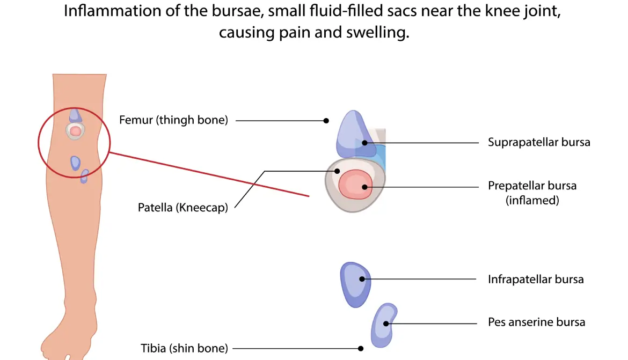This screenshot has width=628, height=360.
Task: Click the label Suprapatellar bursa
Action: tap(539, 143)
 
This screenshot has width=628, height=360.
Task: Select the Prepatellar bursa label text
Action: tap(532, 186)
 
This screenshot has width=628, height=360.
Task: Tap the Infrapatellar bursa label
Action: tap(536, 280)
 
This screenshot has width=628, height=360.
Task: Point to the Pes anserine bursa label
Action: tap(536, 322)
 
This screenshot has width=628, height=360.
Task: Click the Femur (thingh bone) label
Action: tap(173, 121)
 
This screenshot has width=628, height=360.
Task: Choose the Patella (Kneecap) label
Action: tap(182, 207)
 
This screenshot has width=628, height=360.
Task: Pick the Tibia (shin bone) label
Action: tap(182, 348)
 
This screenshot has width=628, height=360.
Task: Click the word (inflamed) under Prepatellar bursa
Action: tap(532, 201)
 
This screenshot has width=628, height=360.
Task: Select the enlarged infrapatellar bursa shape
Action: tap(355, 284)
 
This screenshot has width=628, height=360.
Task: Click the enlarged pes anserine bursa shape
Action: tap(383, 325)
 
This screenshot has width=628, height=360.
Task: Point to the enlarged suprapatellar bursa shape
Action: tap(351, 134)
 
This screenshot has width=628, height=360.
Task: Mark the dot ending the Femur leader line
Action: tap(326, 121)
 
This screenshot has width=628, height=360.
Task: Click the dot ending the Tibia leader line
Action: tap(361, 348)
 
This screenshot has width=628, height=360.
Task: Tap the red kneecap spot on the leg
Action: tap(75, 131)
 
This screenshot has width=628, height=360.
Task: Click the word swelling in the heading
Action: tap(378, 32)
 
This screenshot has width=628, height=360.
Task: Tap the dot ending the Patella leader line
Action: tap(338, 171)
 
